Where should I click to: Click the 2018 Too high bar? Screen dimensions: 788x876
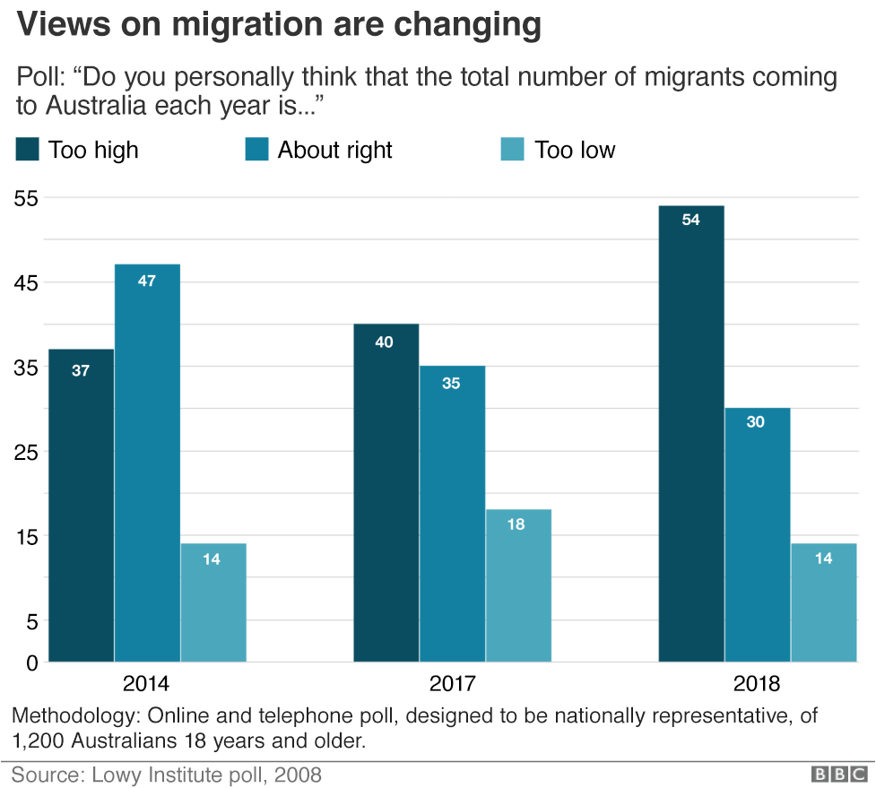pyautogui.click(x=690, y=434)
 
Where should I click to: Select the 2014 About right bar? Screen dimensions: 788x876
pyautogui.click(x=147, y=463)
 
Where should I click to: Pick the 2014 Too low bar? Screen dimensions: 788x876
pyautogui.click(x=212, y=602)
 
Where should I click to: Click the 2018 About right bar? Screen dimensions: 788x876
pyautogui.click(x=757, y=534)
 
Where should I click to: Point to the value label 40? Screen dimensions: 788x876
pyautogui.click(x=384, y=342)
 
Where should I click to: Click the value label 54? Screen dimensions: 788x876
pyautogui.click(x=690, y=220)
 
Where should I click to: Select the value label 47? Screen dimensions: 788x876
pyautogui.click(x=147, y=281)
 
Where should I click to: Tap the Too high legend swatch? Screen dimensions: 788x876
pyautogui.click(x=28, y=150)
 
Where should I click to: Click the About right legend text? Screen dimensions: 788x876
pyautogui.click(x=334, y=150)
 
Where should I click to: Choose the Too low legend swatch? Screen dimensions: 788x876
pyautogui.click(x=510, y=150)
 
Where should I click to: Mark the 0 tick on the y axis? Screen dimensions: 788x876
pyautogui.click(x=30, y=663)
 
